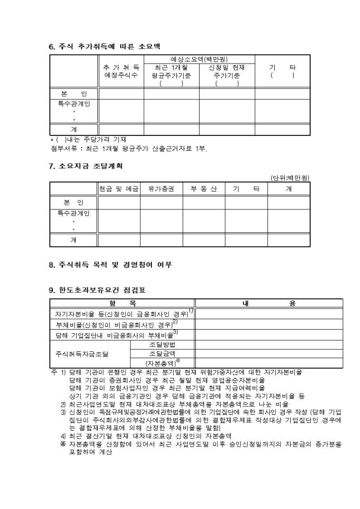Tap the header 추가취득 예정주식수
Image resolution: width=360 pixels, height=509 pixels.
click(x=121, y=71)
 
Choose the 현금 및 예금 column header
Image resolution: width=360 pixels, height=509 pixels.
click(x=119, y=188)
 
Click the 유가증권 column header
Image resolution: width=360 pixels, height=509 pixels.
click(x=161, y=188)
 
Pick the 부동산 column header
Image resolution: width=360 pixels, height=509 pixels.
click(x=204, y=188)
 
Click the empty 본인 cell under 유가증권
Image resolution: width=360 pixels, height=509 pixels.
click(x=161, y=203)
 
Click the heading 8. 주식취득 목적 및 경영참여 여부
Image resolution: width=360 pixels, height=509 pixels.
click(x=110, y=264)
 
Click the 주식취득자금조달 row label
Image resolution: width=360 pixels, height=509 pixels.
click(x=82, y=353)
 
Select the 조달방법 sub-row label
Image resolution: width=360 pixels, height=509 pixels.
click(x=163, y=344)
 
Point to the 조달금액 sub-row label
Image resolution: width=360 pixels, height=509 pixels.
click(x=163, y=353)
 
